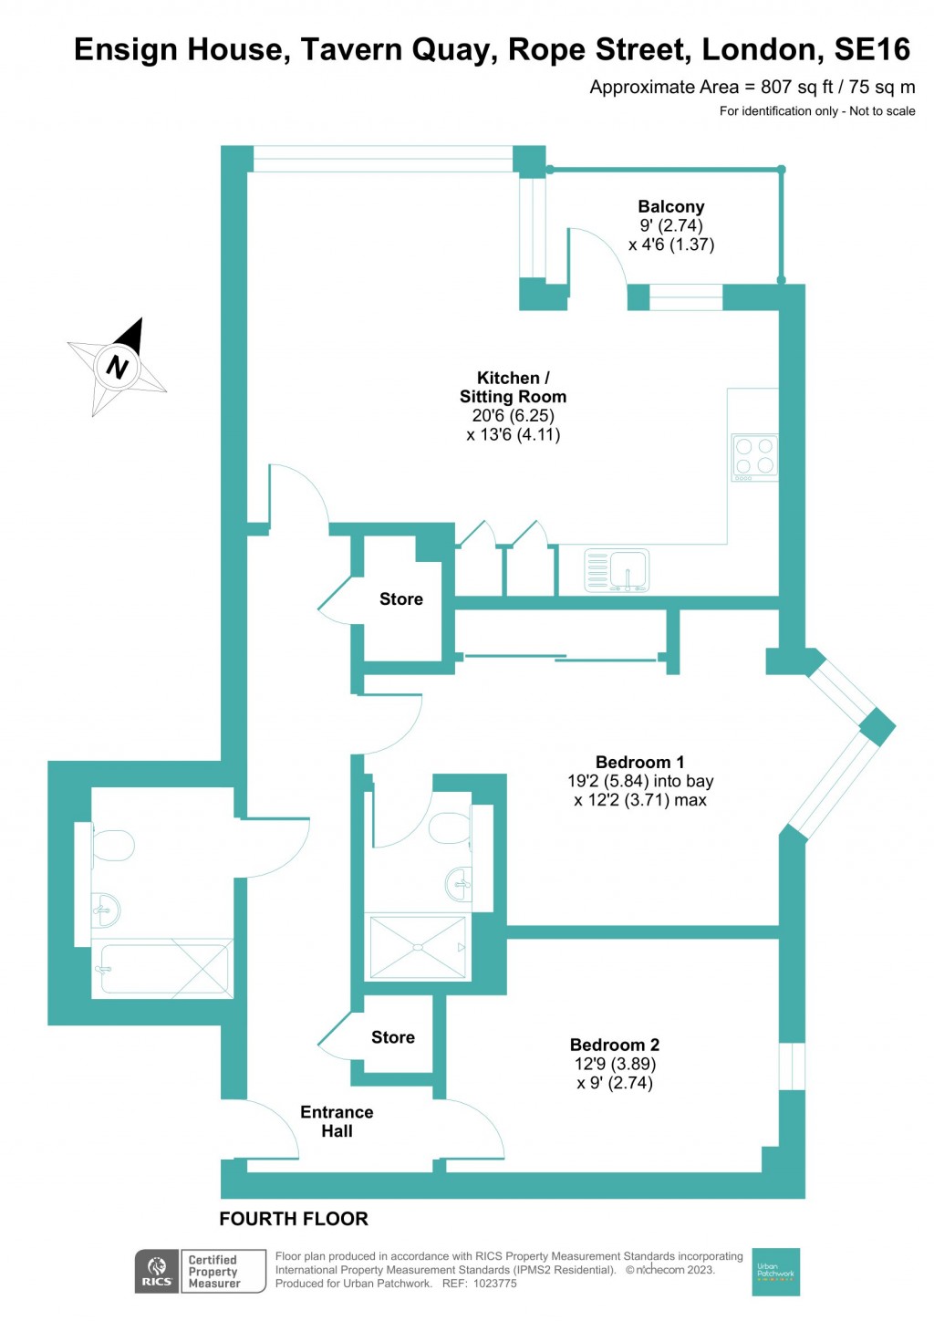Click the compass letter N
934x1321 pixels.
(x=117, y=367)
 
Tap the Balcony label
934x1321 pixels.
(x=670, y=207)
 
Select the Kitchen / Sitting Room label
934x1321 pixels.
(x=513, y=387)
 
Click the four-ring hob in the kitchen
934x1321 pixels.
(x=754, y=457)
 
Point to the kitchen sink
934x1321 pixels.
(x=617, y=571)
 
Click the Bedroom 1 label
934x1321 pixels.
(x=639, y=762)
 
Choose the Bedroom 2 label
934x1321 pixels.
(x=614, y=1045)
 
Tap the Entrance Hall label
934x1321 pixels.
(x=337, y=1121)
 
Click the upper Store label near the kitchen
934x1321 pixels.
(x=400, y=599)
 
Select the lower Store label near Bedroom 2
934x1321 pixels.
(x=392, y=1037)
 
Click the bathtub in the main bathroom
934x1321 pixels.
(x=164, y=969)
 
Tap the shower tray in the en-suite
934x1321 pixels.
(x=418, y=948)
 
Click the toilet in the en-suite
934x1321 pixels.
(x=449, y=829)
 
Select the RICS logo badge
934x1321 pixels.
(x=157, y=1271)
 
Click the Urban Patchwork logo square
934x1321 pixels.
(x=775, y=1271)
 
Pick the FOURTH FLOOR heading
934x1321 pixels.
(x=294, y=1219)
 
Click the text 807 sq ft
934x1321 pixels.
(x=796, y=88)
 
